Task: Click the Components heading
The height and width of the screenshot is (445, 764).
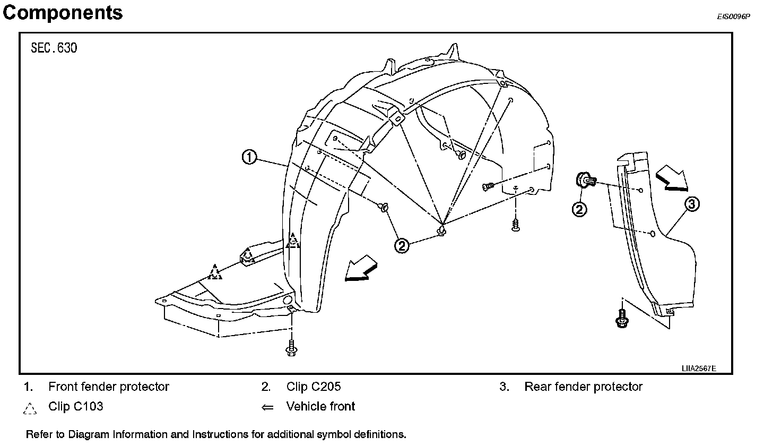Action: [63, 12]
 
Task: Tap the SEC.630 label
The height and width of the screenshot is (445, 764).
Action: [54, 48]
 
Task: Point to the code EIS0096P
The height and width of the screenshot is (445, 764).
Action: [734, 16]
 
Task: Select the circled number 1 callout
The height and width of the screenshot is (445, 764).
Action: [250, 157]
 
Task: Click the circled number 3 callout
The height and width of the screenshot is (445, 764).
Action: [691, 203]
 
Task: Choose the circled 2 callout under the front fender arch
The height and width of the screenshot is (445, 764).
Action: [402, 245]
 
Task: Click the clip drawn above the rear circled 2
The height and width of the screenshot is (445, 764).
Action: [586, 181]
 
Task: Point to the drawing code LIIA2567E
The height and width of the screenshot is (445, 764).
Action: [699, 368]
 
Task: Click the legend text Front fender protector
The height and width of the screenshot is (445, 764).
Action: [109, 387]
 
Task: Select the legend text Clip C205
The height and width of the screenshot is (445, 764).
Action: [314, 387]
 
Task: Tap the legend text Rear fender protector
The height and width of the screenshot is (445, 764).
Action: [583, 387]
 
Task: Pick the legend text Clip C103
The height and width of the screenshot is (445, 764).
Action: [75, 407]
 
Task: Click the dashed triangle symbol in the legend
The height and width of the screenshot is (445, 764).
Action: [30, 408]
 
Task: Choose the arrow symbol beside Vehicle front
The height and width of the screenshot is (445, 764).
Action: [267, 407]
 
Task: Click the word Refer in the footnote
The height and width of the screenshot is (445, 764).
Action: [38, 434]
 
